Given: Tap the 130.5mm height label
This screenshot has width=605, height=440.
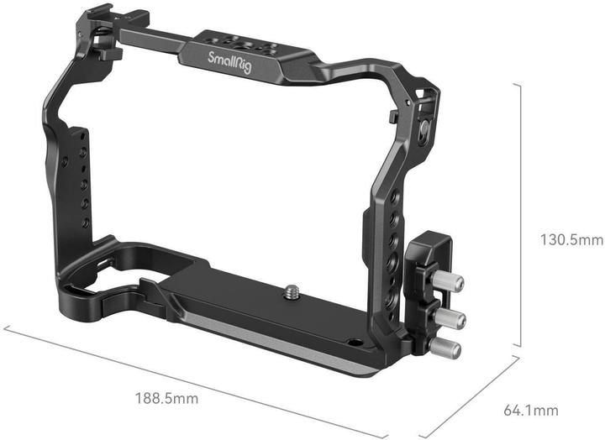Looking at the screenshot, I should tap(571, 240).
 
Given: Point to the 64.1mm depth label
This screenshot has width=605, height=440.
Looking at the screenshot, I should tap(529, 411).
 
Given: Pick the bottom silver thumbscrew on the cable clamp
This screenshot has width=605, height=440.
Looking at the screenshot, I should tap(443, 346).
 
